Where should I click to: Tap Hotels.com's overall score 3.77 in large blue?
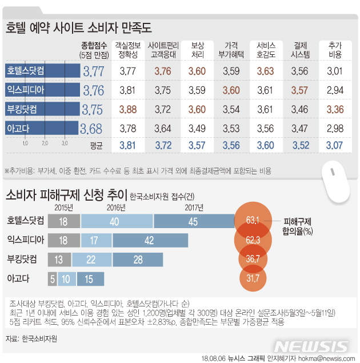94,71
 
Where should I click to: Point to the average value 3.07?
335,145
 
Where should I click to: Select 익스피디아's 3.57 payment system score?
300,90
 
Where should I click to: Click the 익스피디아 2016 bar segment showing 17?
93,240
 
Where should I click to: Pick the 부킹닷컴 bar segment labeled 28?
137,260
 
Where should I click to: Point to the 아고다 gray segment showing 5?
53,279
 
